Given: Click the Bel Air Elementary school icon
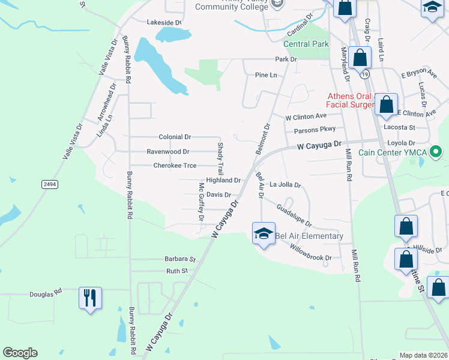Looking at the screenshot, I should [x=263, y=233].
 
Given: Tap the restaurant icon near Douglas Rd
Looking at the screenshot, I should [x=90, y=298].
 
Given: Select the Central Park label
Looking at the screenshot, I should [x=306, y=44].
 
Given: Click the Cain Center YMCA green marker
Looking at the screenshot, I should [x=436, y=152].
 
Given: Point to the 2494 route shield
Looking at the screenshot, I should [x=50, y=184].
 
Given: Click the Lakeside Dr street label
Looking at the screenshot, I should [x=164, y=22].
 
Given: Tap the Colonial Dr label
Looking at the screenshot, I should [x=175, y=137].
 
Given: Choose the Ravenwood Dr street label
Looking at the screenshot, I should [x=168, y=152].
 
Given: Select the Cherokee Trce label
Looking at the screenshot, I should [x=175, y=166].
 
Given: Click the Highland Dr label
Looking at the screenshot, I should [x=223, y=180].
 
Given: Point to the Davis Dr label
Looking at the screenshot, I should [x=218, y=194].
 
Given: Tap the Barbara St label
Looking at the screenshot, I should [x=181, y=259].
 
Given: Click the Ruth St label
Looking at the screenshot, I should [x=177, y=271].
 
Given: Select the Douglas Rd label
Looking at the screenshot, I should [x=46, y=294].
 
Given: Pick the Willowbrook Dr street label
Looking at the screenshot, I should [x=310, y=252].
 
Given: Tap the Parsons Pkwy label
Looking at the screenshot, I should [x=315, y=130].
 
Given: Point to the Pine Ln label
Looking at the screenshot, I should [x=266, y=75].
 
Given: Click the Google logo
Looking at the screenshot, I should [x=20, y=353].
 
